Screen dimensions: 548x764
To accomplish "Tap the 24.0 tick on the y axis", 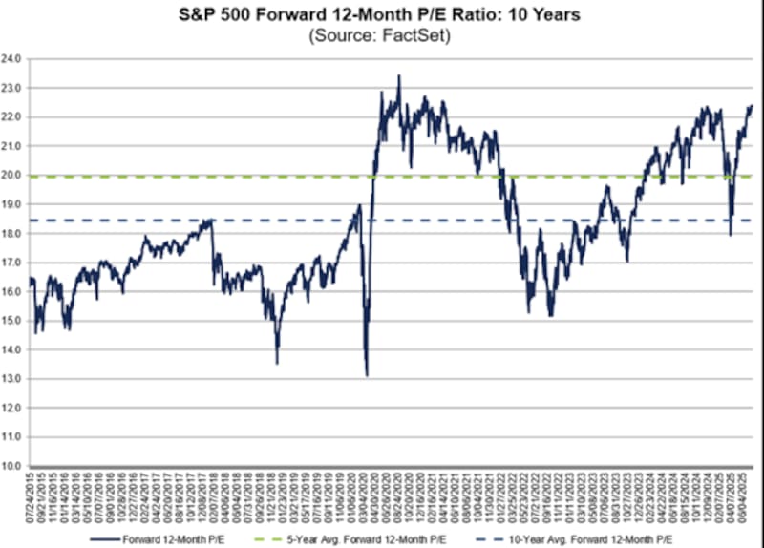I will pyautogui.click(x=13, y=58).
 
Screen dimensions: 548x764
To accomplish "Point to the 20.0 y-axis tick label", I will pyautogui.click(x=13, y=175).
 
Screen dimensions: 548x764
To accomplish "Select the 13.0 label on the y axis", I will pyautogui.click(x=13, y=379).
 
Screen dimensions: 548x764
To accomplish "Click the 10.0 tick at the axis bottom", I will pyautogui.click(x=13, y=466).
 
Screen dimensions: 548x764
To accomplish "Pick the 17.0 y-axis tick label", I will pyautogui.click(x=13, y=263).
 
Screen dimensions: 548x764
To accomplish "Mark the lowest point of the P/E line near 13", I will pyautogui.click(x=367, y=375).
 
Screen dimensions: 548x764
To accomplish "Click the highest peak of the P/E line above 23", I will pyautogui.click(x=399, y=75).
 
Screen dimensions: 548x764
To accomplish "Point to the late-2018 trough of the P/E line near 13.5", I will pyautogui.click(x=277, y=363).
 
